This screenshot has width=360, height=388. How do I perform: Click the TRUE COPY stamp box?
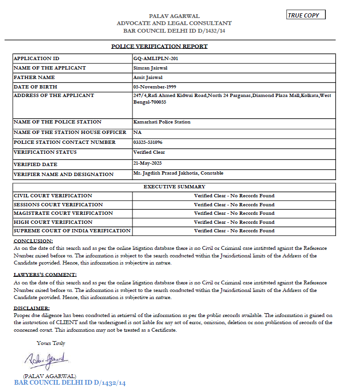[x=306, y=15]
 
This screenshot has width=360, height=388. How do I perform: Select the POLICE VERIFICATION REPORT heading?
[x=159, y=46]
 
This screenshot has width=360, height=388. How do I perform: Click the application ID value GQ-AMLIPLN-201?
[x=156, y=59]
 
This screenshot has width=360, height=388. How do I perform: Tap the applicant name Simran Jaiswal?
[x=149, y=68]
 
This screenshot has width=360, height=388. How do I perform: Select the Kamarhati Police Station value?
[x=162, y=122]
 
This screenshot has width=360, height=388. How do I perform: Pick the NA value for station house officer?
[x=138, y=132]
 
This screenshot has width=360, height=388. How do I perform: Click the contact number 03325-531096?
[x=148, y=142]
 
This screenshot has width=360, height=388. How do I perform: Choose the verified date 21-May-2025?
[x=148, y=163]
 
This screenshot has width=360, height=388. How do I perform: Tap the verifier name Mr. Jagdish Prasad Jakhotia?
[x=178, y=173]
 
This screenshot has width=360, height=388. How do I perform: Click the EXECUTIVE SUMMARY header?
[x=174, y=187]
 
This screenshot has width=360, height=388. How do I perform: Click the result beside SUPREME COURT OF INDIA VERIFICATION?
[x=234, y=231]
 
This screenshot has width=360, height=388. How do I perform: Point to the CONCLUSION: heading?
[x=33, y=241]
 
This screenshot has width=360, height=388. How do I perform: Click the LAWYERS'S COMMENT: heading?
[x=45, y=275]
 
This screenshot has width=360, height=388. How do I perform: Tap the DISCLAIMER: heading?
[x=32, y=309]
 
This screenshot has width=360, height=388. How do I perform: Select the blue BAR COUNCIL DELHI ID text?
[x=70, y=382]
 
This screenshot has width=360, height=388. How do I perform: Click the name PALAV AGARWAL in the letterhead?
[x=174, y=16]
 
